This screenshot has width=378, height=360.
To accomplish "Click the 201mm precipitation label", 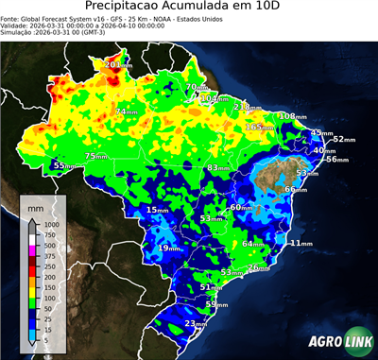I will point(118,65).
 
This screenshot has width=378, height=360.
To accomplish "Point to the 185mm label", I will point(258,127).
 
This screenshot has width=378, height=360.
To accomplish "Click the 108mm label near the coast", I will point(293,116).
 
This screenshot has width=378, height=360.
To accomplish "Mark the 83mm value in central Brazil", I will point(219,168).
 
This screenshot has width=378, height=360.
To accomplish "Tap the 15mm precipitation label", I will point(157,210).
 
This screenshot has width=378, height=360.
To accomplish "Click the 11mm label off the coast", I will point(301,243).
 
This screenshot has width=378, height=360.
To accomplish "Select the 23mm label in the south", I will point(196,324).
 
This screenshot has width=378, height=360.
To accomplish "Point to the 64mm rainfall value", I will point(253,244).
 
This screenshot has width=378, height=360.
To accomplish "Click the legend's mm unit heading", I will point(35,205).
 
